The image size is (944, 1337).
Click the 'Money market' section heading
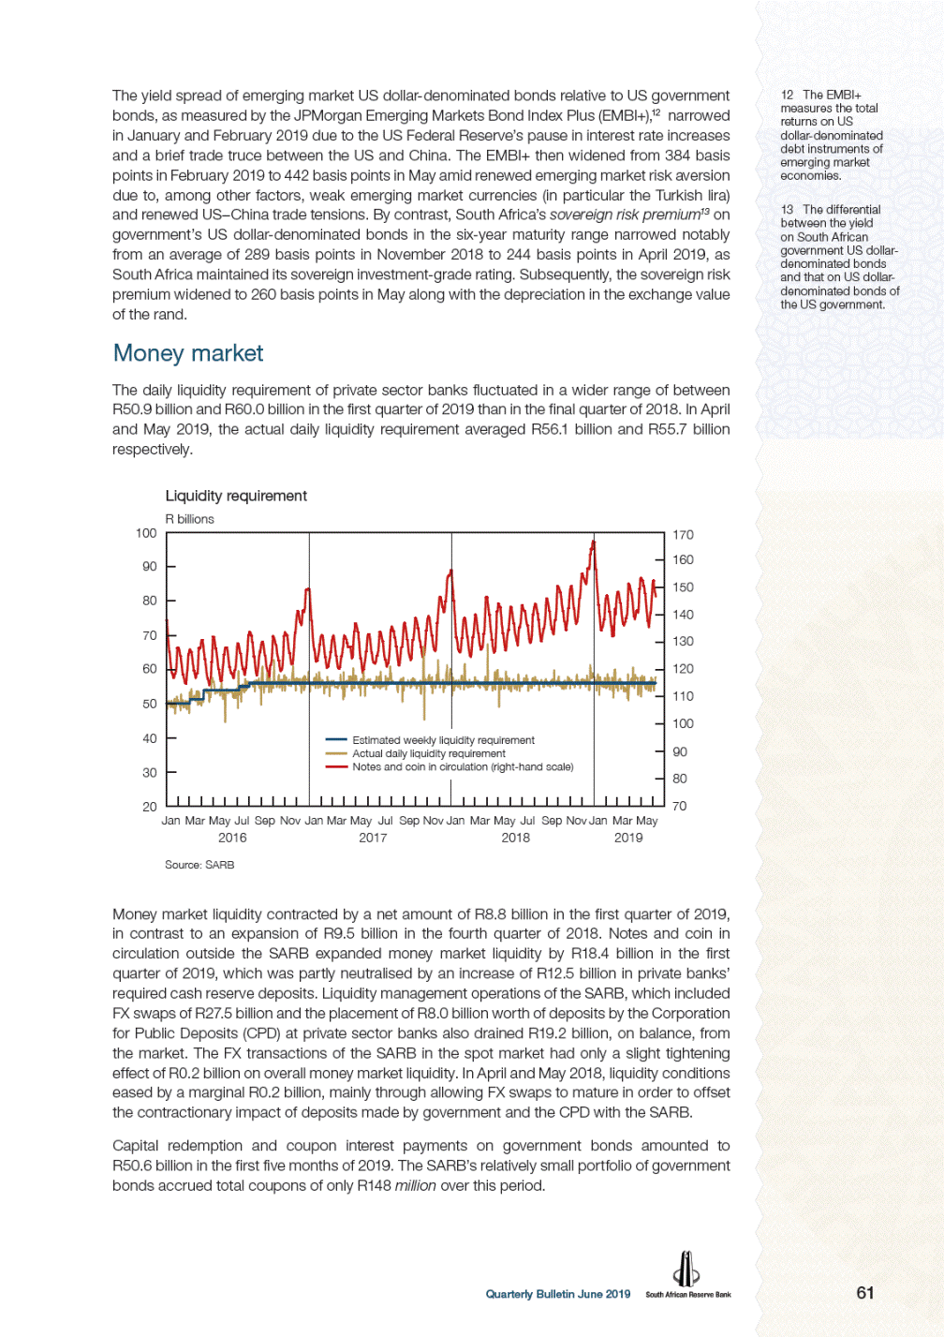(187, 353)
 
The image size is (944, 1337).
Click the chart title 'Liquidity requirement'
(236, 496)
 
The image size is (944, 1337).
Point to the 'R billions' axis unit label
(189, 519)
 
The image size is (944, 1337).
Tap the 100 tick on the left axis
(146, 533)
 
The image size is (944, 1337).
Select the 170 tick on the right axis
(683, 535)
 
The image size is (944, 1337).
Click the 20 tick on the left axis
(149, 806)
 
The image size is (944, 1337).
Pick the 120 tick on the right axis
(683, 669)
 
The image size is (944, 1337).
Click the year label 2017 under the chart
(373, 838)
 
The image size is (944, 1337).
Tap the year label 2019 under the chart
(628, 838)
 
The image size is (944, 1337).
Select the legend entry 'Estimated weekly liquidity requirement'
(443, 740)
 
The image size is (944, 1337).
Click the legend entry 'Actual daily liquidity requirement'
(428, 753)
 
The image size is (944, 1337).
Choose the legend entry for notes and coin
(463, 766)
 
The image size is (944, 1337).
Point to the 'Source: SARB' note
(199, 865)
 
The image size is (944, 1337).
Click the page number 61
(865, 1293)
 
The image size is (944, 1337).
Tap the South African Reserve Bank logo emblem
(686, 1270)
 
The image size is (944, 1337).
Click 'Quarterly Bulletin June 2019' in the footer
(557, 1294)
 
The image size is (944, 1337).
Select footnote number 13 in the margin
(787, 210)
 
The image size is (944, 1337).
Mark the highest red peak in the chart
(593, 542)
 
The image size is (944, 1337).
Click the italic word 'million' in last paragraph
(415, 1185)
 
